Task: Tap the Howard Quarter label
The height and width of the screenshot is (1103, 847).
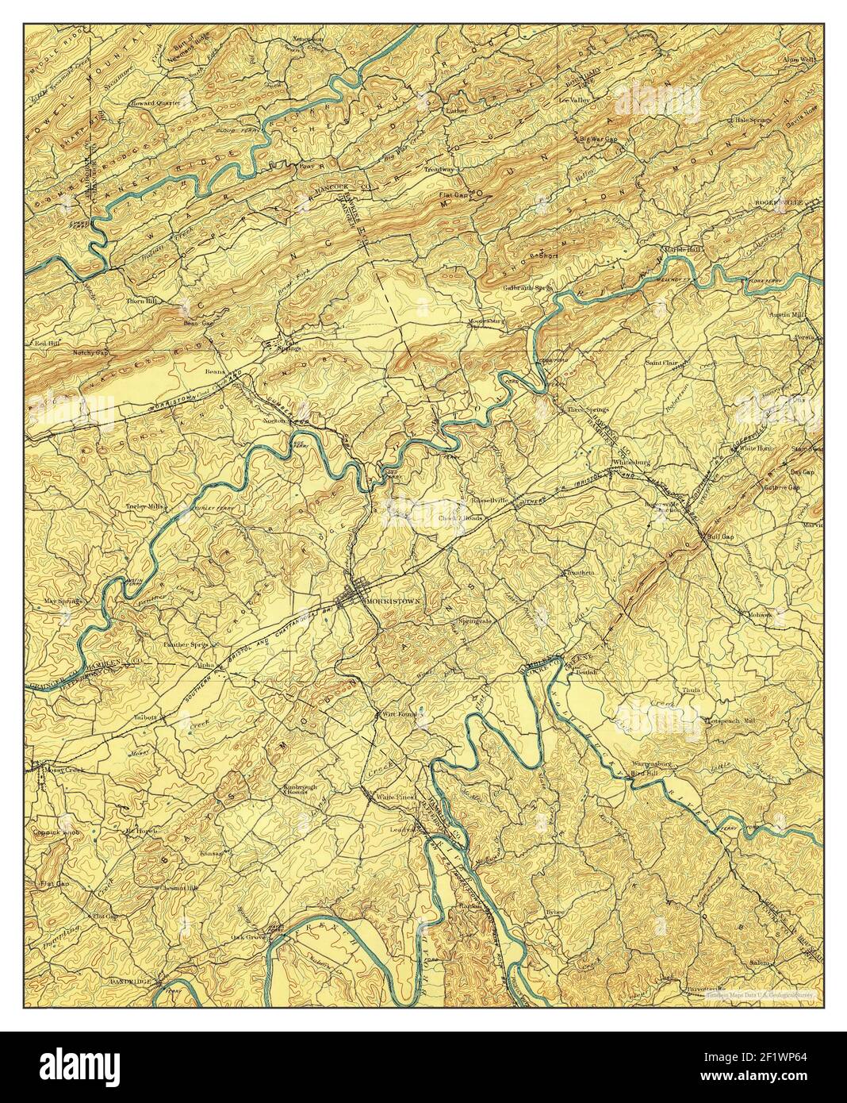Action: (x=155, y=103)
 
